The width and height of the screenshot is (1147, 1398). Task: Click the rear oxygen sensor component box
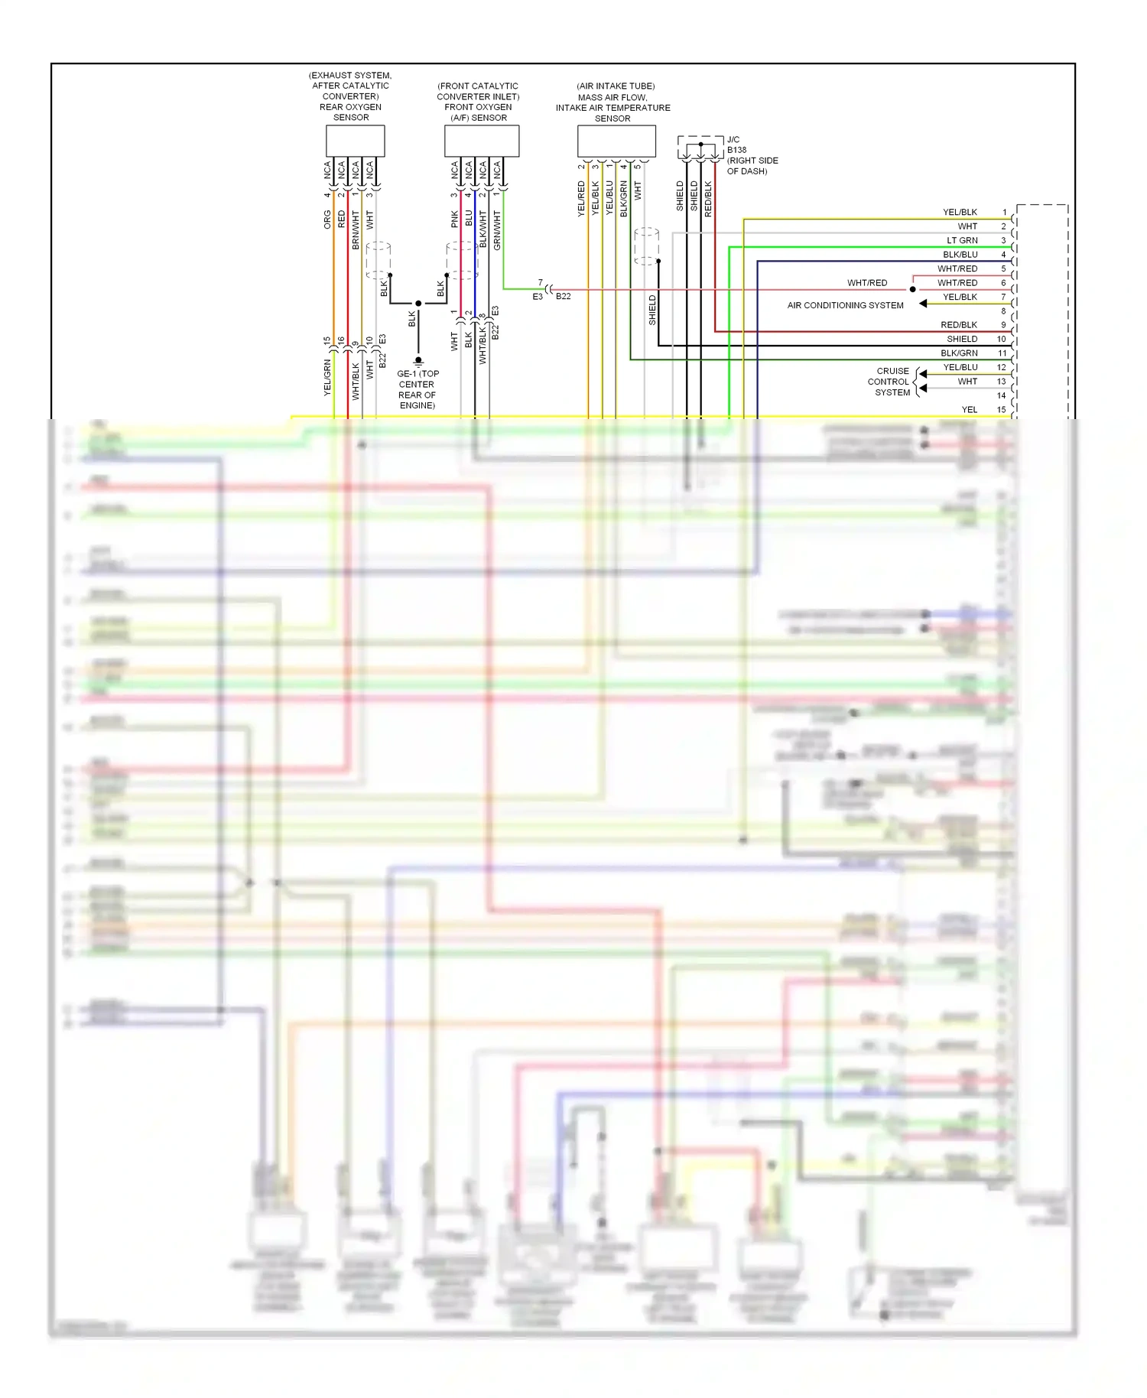coord(355,141)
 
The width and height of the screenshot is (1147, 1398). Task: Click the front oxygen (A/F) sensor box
coord(482,141)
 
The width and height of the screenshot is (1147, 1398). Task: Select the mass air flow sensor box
coord(616,141)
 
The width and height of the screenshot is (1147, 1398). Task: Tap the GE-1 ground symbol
coord(418,361)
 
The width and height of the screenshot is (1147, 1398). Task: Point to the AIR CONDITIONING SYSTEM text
coord(845,305)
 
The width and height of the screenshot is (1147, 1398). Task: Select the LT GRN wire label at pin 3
coord(962,240)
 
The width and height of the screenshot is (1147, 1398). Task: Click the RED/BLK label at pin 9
coord(959,325)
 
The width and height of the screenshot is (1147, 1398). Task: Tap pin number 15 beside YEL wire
coord(1002,410)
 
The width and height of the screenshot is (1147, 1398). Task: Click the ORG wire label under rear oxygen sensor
coord(327,220)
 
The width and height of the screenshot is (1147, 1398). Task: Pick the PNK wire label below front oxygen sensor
coord(454,219)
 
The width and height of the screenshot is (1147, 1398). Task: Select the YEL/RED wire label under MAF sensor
coord(581,199)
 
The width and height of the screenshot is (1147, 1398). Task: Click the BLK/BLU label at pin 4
coord(960,255)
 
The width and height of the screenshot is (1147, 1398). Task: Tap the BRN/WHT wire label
coord(356,230)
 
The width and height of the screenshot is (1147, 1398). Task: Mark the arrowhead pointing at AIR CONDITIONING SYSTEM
coord(923,304)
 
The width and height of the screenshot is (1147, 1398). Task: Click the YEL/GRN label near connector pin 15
coord(327,377)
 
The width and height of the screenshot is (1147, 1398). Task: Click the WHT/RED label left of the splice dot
coord(867,283)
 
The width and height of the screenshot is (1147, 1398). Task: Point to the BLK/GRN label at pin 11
coord(959,353)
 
